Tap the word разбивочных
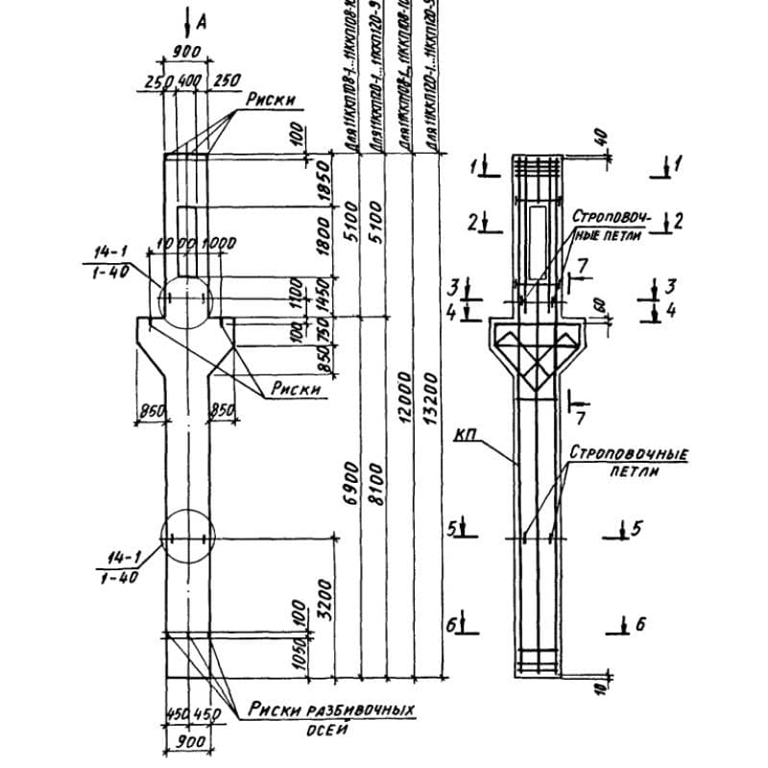(359, 710)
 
